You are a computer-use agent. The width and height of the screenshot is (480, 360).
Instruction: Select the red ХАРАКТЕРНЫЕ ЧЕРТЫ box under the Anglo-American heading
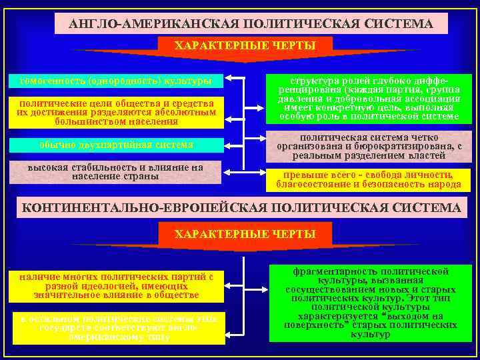(245, 45)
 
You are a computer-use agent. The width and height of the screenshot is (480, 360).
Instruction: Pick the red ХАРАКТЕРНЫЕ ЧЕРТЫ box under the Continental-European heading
(245, 234)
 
